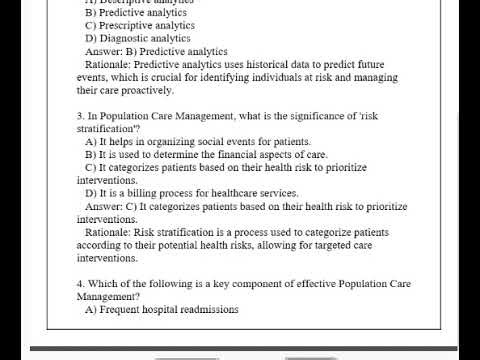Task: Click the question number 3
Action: [79, 116]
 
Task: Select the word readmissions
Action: [210, 310]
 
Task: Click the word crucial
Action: [166, 77]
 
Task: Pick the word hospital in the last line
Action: [164, 310]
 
